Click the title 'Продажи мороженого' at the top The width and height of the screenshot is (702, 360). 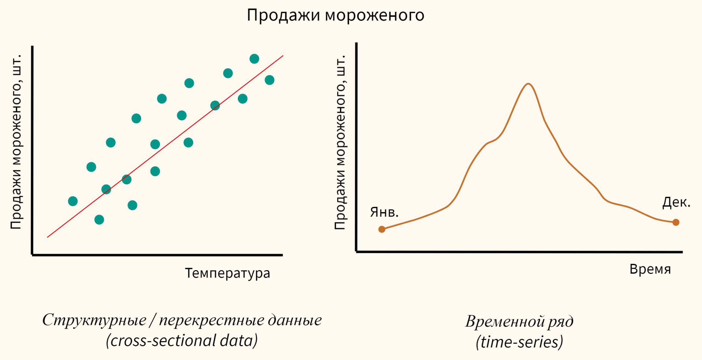(x=335, y=15)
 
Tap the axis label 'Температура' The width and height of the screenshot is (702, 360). (x=228, y=273)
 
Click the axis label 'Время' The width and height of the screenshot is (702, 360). (x=650, y=269)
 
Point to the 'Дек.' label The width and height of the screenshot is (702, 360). (x=676, y=202)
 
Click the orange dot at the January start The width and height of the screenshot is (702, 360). (x=382, y=229)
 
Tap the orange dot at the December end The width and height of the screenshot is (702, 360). (x=676, y=222)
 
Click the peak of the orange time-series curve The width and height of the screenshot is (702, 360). (x=528, y=84)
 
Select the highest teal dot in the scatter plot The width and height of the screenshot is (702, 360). (x=254, y=59)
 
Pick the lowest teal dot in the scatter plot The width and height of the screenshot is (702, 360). (x=99, y=220)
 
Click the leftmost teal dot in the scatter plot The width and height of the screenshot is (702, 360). (x=73, y=201)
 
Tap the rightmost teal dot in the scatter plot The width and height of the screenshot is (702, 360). (x=270, y=80)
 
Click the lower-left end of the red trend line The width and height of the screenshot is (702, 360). (x=48, y=237)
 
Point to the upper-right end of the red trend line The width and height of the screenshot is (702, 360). (x=283, y=56)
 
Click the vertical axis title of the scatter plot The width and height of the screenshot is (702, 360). (x=16, y=142)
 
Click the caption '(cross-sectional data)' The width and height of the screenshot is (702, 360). (x=182, y=341)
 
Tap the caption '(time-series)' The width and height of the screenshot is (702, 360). (x=519, y=342)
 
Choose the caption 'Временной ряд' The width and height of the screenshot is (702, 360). (x=519, y=321)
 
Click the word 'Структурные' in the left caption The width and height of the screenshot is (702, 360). (x=94, y=320)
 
